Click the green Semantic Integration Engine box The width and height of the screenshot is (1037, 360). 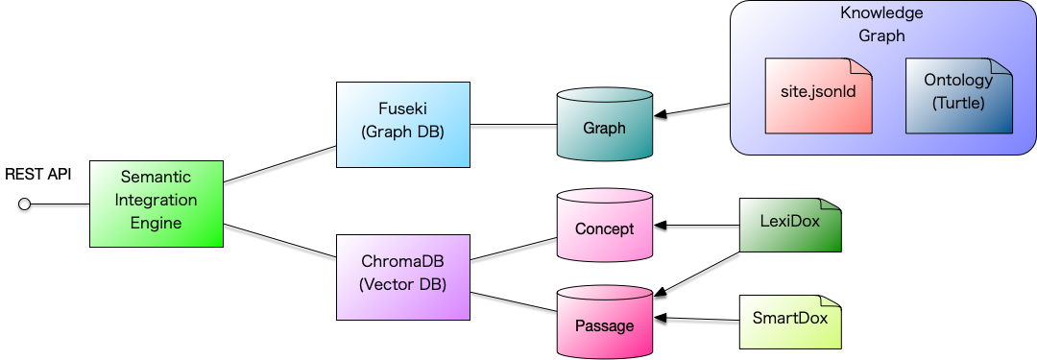click(156, 204)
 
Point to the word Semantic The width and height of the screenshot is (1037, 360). click(156, 178)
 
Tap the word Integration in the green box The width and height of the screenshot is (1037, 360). click(156, 201)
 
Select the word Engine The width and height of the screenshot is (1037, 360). click(156, 224)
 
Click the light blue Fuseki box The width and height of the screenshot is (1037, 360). click(403, 124)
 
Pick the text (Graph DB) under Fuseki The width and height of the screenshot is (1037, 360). click(403, 132)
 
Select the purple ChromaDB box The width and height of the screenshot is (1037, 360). click(403, 276)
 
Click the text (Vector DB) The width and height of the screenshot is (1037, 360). click(402, 284)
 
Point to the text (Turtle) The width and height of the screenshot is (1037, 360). click(958, 103)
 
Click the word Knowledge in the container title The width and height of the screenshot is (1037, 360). click(881, 13)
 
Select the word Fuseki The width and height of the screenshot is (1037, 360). click(403, 110)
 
